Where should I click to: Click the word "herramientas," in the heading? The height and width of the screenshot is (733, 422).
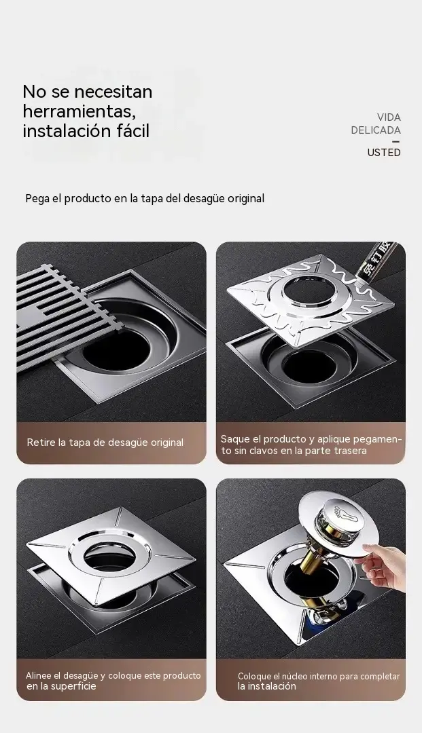click(80, 111)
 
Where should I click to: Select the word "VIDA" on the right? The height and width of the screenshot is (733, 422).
click(389, 117)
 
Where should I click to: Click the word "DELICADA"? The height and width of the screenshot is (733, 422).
click(376, 130)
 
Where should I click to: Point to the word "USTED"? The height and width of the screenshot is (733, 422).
click(384, 153)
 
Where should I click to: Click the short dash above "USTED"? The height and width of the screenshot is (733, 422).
click(396, 141)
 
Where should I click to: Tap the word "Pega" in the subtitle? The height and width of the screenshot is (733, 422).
click(37, 199)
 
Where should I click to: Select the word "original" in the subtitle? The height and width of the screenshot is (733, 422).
click(246, 199)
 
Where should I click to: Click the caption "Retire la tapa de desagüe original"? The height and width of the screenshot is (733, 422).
click(105, 443)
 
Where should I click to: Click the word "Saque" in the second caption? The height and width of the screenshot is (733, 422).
click(235, 439)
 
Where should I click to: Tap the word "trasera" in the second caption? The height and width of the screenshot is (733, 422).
click(351, 451)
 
